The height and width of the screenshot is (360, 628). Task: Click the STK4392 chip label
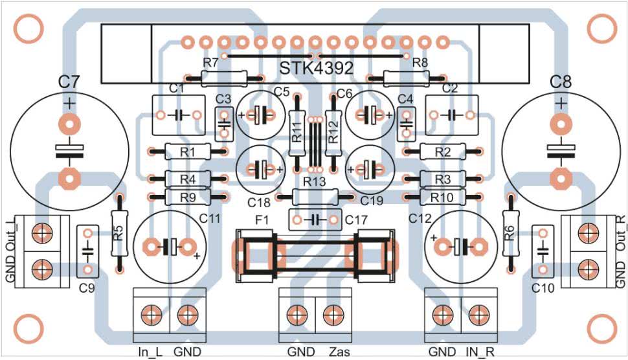click(317, 68)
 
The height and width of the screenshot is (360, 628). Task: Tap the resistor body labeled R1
click(188, 152)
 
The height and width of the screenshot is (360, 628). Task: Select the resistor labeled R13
click(315, 197)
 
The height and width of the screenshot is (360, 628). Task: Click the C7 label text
click(69, 82)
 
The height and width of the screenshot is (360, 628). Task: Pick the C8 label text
click(561, 82)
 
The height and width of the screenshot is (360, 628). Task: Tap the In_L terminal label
click(151, 352)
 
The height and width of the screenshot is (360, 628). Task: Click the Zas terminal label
click(339, 352)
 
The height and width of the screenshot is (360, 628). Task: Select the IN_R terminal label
click(480, 352)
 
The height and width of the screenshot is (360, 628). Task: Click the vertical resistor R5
click(119, 234)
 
